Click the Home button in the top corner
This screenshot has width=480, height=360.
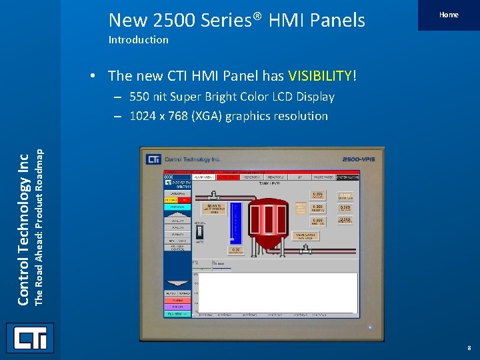pos(449,15)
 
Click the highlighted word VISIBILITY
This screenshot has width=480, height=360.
pos(321,76)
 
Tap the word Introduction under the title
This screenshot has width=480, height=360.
pos(139,40)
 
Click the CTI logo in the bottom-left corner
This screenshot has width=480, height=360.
pos(30,338)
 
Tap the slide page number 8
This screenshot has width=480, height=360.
pos(469,347)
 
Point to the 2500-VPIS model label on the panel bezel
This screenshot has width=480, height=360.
pos(359,160)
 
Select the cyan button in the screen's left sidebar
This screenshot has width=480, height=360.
pos(177,207)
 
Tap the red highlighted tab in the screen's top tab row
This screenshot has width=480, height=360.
pos(228,177)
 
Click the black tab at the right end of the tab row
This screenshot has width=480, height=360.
pos(347,177)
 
